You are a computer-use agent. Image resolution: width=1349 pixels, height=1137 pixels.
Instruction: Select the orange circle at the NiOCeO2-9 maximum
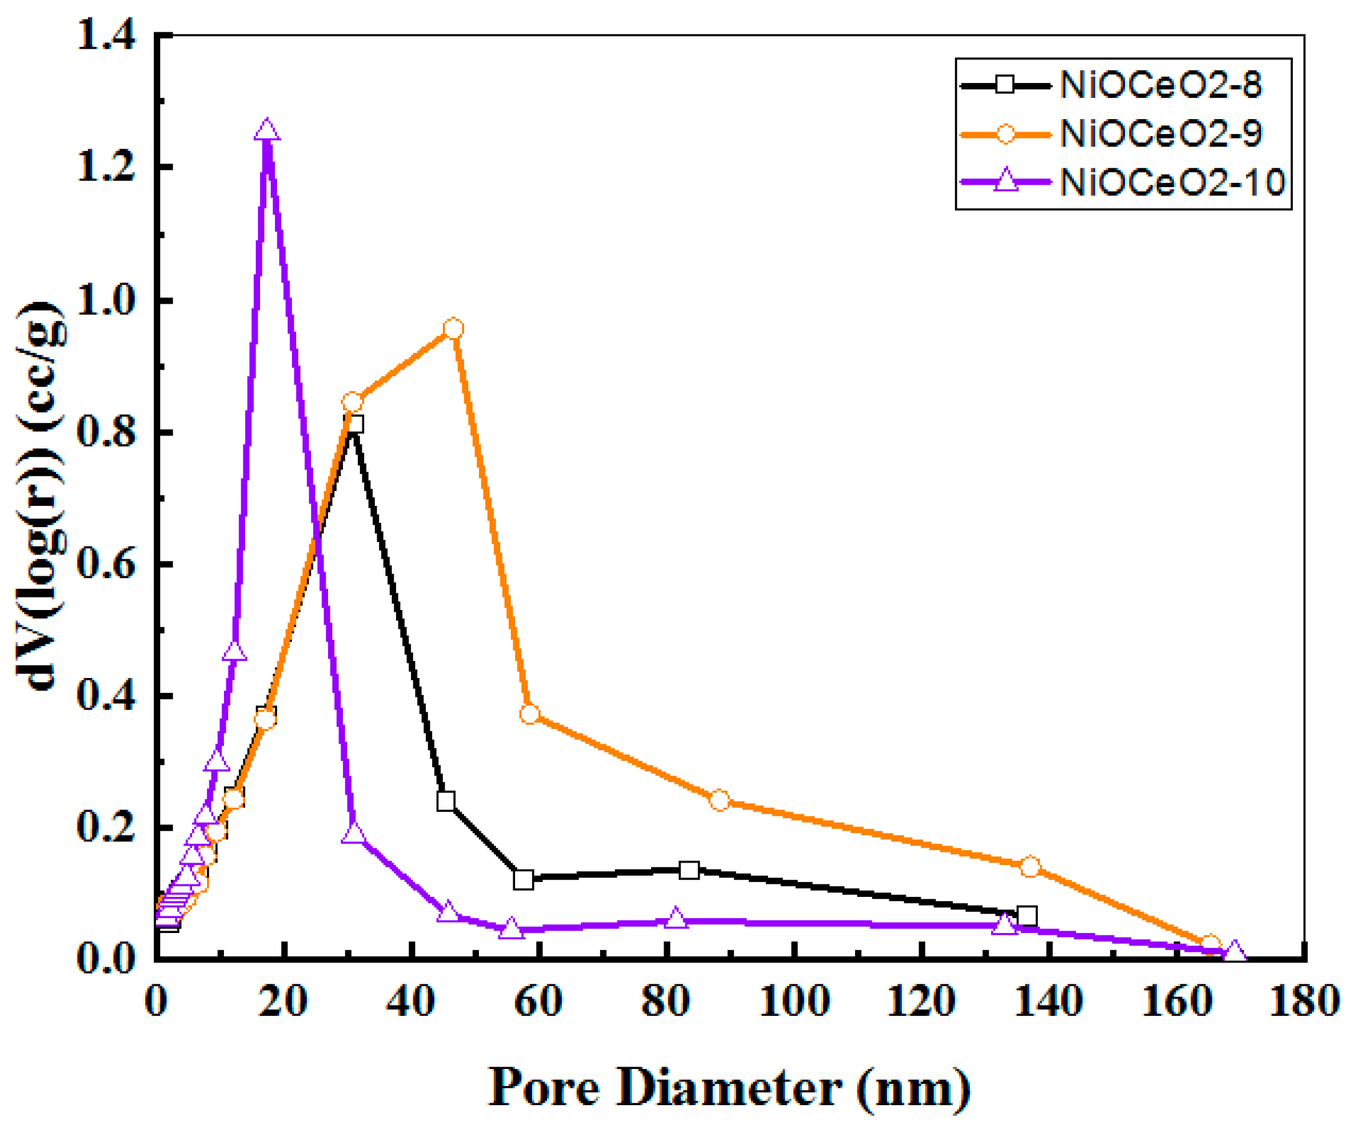pyautogui.click(x=453, y=329)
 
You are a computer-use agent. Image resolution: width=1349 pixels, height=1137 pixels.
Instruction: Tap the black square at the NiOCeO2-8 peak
pyautogui.click(x=354, y=424)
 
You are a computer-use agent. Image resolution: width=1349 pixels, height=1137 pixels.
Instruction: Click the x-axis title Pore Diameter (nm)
pyautogui.click(x=729, y=1088)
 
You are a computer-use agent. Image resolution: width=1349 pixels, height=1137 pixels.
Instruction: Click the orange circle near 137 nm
pyautogui.click(x=1030, y=868)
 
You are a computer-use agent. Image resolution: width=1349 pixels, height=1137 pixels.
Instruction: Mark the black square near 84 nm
pyautogui.click(x=689, y=871)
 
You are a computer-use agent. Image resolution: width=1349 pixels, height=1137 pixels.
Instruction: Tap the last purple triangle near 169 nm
pyautogui.click(x=1234, y=951)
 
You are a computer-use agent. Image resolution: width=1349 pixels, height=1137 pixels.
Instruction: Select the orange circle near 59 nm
pyautogui.click(x=529, y=714)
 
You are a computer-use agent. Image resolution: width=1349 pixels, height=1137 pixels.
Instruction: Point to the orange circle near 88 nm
pyautogui.click(x=720, y=801)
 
